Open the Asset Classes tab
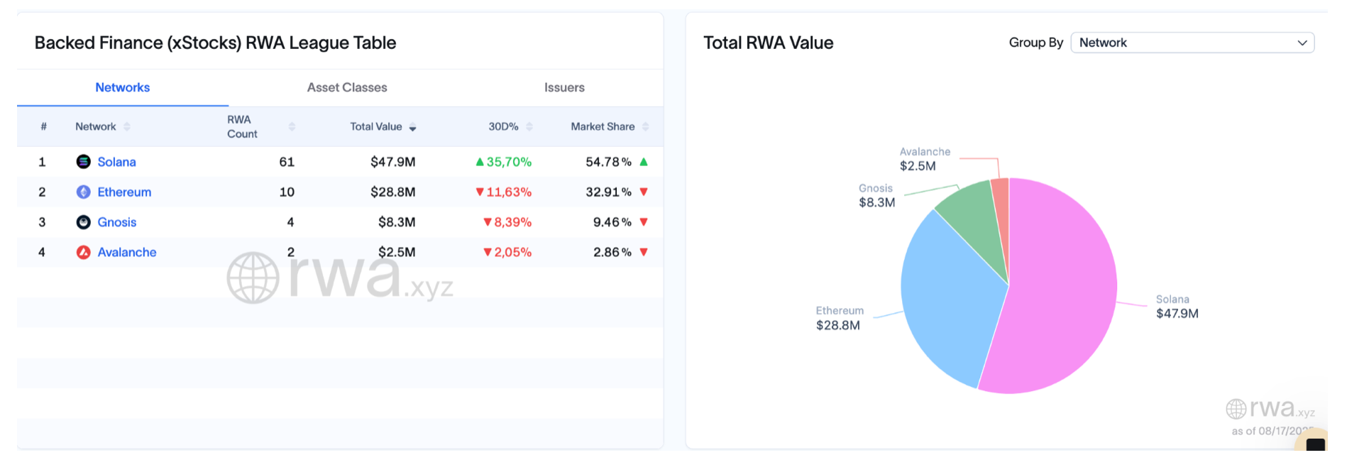point(347,87)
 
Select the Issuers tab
point(564,87)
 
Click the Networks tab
point(122,87)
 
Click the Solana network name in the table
point(116,162)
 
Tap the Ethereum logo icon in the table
point(83,192)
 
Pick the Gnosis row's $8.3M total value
point(396,222)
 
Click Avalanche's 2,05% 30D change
point(507,252)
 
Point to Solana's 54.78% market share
point(608,162)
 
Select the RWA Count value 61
point(287,162)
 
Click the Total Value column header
point(376,126)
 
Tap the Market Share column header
point(603,126)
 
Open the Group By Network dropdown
point(1192,43)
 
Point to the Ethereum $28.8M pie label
point(839,318)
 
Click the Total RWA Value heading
point(768,43)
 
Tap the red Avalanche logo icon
point(83,252)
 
